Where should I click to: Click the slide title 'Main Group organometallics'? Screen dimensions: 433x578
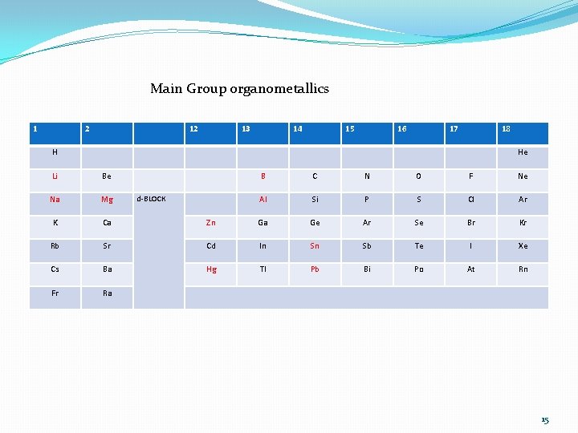239,89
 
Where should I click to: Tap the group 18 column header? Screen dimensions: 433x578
506,129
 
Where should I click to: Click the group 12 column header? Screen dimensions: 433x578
193,129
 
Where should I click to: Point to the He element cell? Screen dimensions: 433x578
523,152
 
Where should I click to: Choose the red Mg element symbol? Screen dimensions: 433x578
107,200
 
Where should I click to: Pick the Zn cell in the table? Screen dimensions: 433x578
210,223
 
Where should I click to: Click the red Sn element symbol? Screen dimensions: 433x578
315,246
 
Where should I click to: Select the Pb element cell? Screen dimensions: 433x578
315,269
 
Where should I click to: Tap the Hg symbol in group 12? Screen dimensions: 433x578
210,269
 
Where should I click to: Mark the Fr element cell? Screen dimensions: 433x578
55,293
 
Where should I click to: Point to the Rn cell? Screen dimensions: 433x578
523,269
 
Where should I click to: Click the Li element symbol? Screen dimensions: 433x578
55,176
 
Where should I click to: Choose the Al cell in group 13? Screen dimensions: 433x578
263,200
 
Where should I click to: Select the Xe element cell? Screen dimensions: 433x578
523,246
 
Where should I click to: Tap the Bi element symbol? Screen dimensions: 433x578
367,269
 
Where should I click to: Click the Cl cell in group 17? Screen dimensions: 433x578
470,200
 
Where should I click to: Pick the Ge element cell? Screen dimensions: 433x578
315,223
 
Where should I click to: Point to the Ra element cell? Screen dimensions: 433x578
107,293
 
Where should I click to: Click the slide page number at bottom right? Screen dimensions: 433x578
545,420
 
